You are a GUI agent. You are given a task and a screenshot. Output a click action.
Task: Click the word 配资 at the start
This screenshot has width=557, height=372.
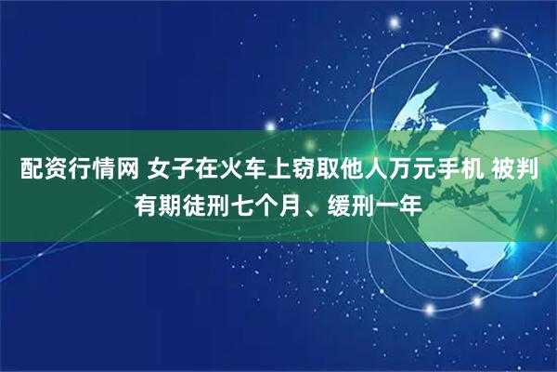click(x=36, y=170)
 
